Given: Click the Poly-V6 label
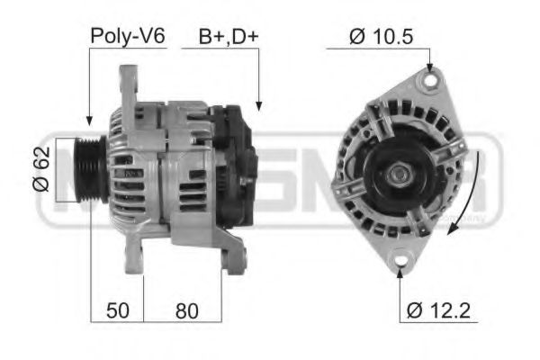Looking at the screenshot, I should (x=127, y=37).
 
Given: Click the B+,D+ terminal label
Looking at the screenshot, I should (x=229, y=37).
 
